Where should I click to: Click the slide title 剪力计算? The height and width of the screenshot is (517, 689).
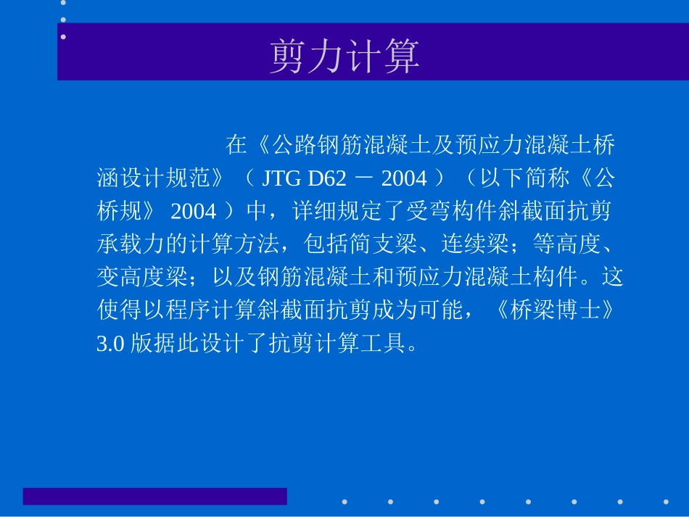[x=344, y=56]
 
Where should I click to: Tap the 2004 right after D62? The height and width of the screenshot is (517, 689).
[x=404, y=178]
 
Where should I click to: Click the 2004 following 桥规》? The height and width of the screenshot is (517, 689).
[x=193, y=211]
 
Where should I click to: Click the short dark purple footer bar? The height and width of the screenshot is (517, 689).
[x=154, y=496]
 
